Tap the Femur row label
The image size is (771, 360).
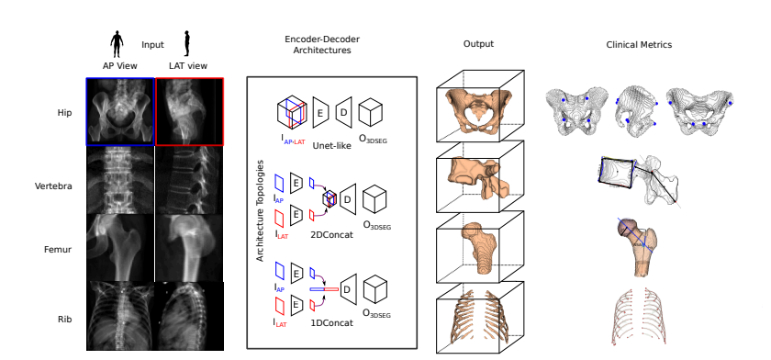[x=61, y=248]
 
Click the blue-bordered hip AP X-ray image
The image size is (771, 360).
[x=120, y=111]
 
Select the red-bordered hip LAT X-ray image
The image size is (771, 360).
[x=189, y=111]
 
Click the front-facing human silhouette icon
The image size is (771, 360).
[x=117, y=42]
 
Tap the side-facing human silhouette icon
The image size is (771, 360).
[x=187, y=42]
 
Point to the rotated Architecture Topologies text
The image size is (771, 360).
[x=261, y=210]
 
